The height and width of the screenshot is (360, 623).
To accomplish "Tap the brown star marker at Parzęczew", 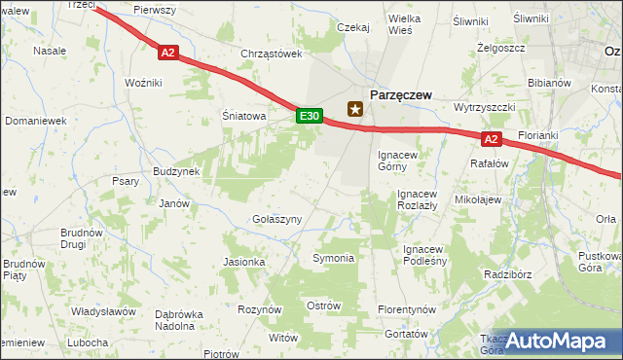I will point(355,109).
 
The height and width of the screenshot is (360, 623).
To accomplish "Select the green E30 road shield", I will point(309,116).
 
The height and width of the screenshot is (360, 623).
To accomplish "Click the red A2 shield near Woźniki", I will point(168,54).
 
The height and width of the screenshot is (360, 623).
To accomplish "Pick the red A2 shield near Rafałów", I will point(492,139).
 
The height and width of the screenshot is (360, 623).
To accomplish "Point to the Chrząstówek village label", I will point(273,54).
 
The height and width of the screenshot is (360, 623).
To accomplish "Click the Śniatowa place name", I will point(243,116).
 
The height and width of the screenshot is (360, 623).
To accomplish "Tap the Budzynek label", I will point(176,171).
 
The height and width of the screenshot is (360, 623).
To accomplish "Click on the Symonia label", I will point(333,258).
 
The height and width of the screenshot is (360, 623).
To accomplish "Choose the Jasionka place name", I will point(244,262).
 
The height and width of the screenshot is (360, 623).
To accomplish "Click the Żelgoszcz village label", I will point(502,47).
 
